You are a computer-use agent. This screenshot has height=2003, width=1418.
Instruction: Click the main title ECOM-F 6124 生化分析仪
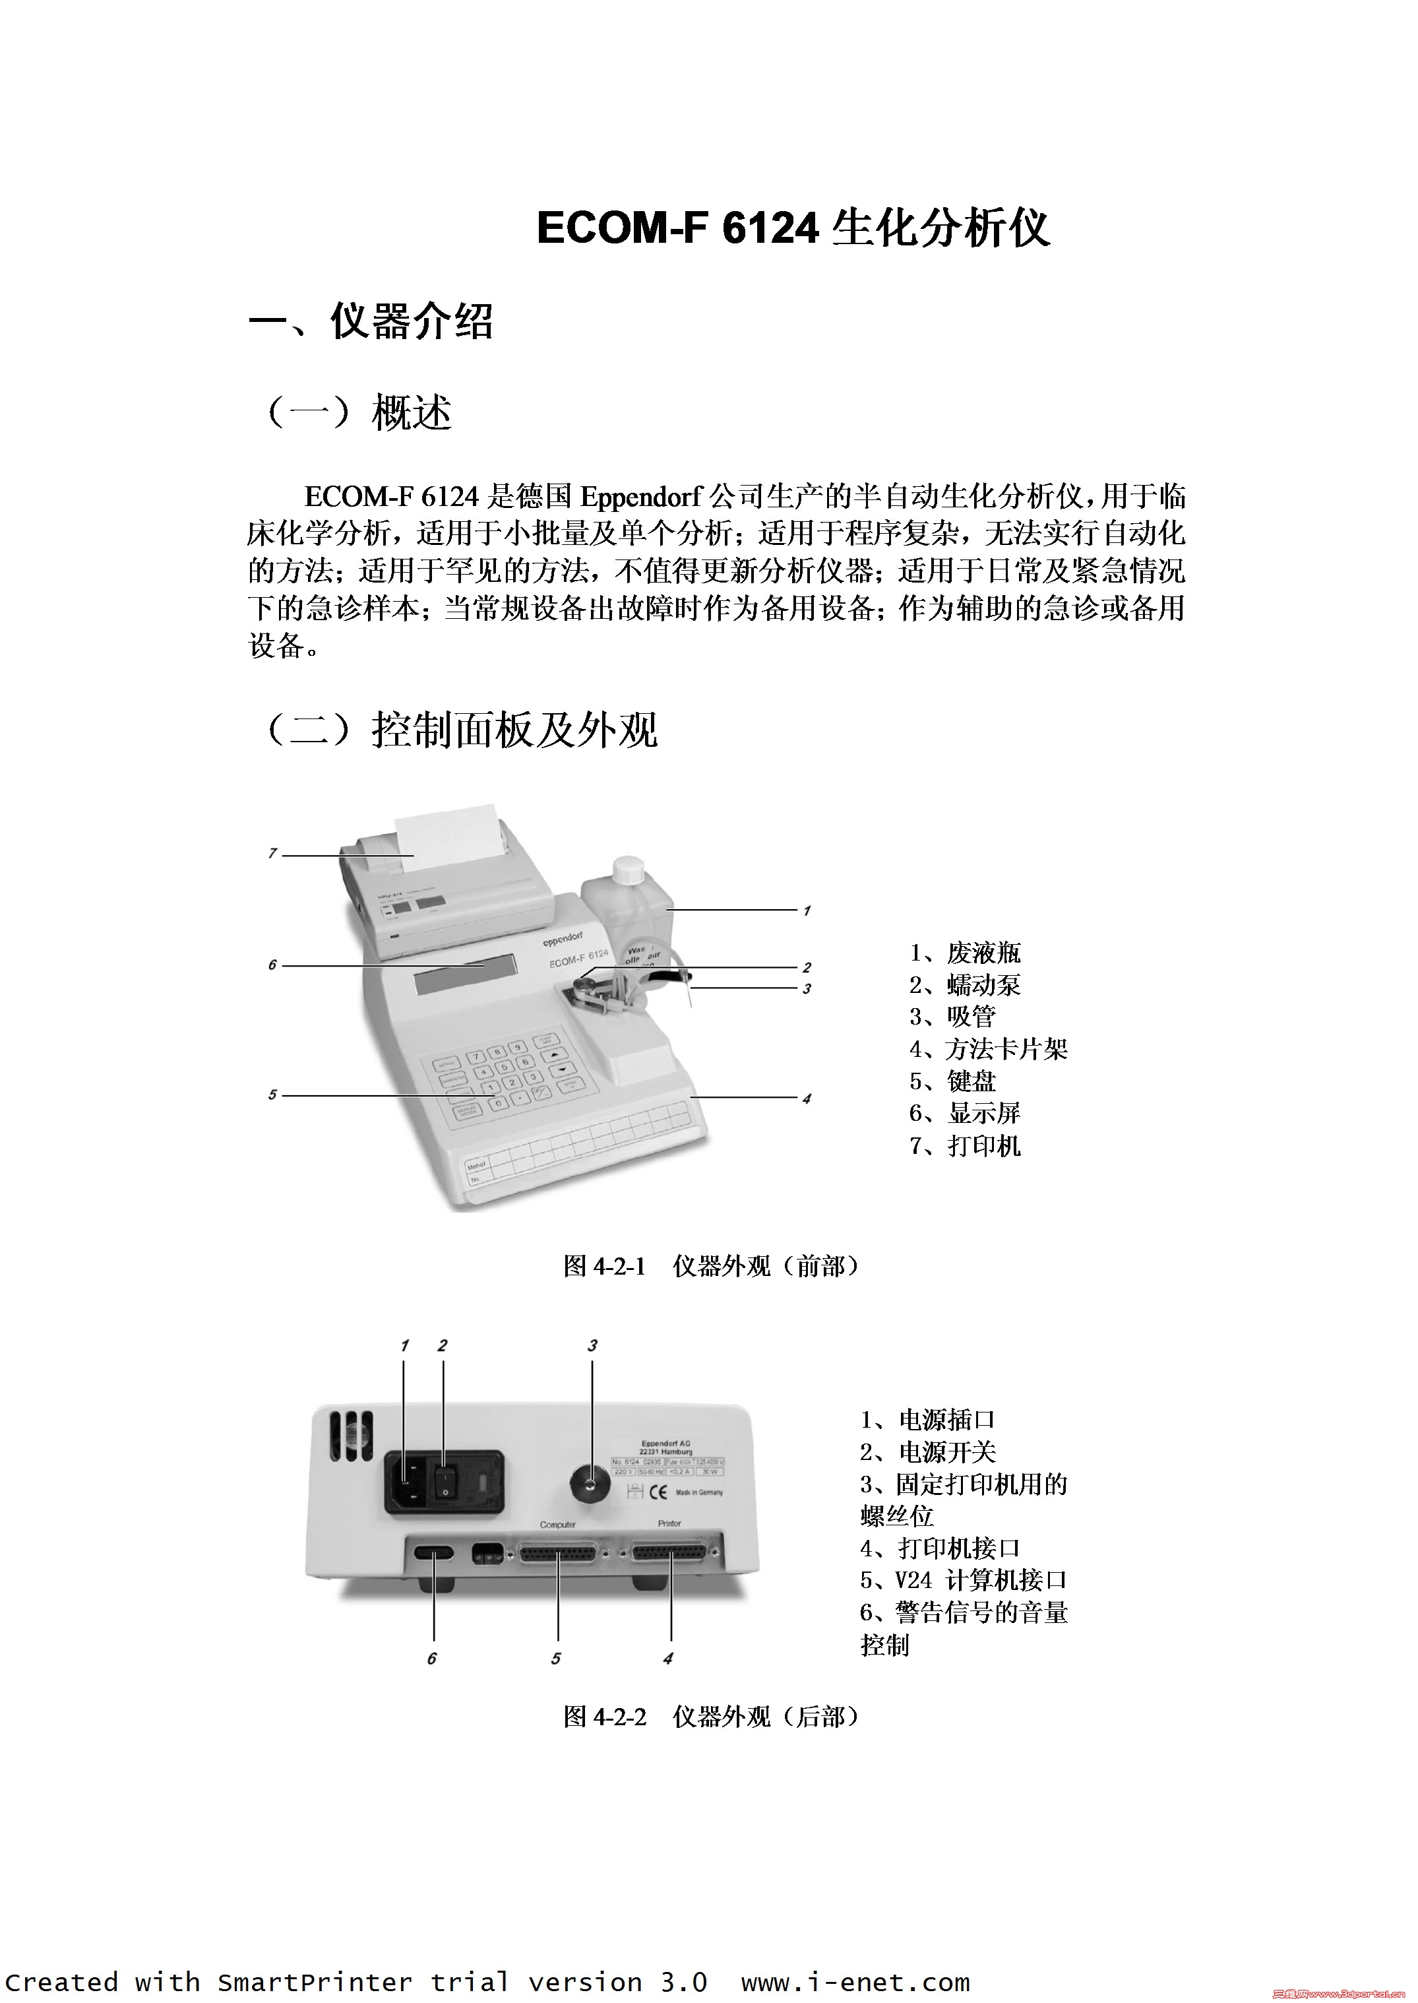792,228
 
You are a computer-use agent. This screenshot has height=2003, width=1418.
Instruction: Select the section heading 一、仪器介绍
371,321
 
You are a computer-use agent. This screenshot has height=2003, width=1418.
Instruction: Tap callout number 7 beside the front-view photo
272,854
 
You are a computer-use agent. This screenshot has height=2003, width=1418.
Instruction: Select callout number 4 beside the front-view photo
806,1099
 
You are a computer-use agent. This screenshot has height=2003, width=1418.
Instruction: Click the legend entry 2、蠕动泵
964,984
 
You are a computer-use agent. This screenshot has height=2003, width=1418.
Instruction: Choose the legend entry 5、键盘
952,1081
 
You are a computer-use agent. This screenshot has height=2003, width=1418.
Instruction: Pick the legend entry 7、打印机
964,1146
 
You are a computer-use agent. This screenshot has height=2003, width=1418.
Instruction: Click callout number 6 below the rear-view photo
431,1658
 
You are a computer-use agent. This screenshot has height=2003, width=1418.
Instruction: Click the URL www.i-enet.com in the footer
855,1976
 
